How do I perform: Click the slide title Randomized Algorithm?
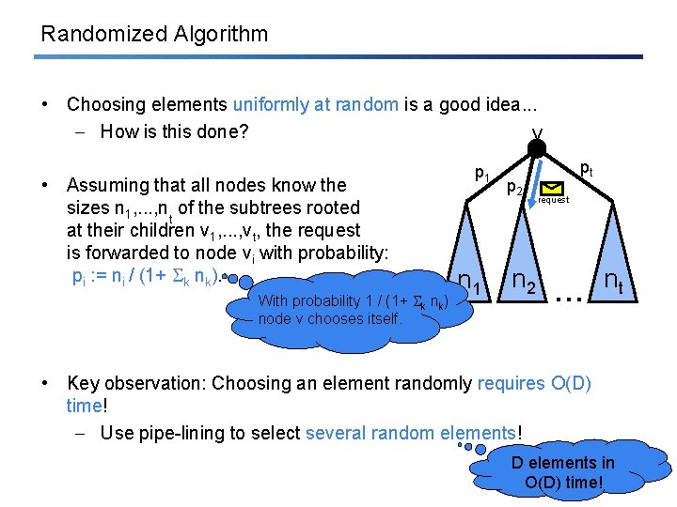[154, 35]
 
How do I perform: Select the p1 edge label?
[481, 173]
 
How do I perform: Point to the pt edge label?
[585, 169]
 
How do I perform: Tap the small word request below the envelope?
[553, 201]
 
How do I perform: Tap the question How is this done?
[174, 131]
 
